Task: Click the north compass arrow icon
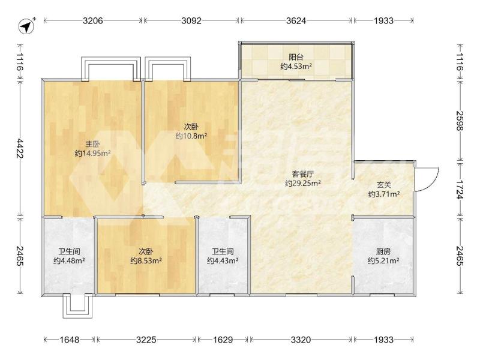[26, 26]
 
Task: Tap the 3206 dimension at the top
[93, 20]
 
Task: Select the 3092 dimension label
[191, 20]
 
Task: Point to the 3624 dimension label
[296, 20]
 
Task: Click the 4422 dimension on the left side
[20, 148]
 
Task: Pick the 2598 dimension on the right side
[460, 121]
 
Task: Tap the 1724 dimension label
[460, 190]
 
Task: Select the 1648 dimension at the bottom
[69, 340]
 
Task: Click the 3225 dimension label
[146, 340]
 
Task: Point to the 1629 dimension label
[223, 340]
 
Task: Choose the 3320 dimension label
[301, 340]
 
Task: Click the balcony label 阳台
[296, 57]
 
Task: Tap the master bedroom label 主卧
[92, 144]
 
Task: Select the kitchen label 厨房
[383, 251]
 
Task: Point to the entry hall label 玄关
[384, 185]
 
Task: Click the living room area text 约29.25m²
[303, 184]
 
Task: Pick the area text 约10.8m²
[191, 136]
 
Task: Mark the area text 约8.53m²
[146, 261]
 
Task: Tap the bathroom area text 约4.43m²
[223, 261]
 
